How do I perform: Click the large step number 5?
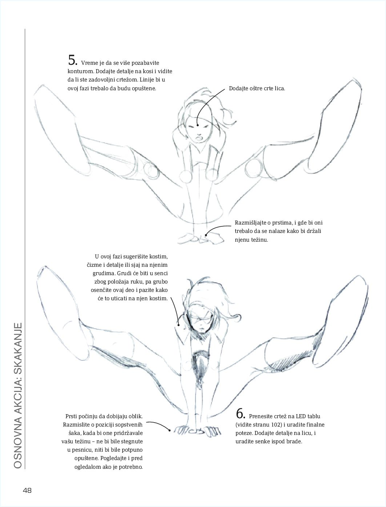tap(73, 60)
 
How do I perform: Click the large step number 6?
tap(241, 414)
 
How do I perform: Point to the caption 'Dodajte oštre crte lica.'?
tap(257, 88)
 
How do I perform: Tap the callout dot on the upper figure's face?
tap(198, 125)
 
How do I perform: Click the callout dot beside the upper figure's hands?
tap(206, 235)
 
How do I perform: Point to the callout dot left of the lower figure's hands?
tap(169, 430)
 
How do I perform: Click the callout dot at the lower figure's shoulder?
tap(178, 325)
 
